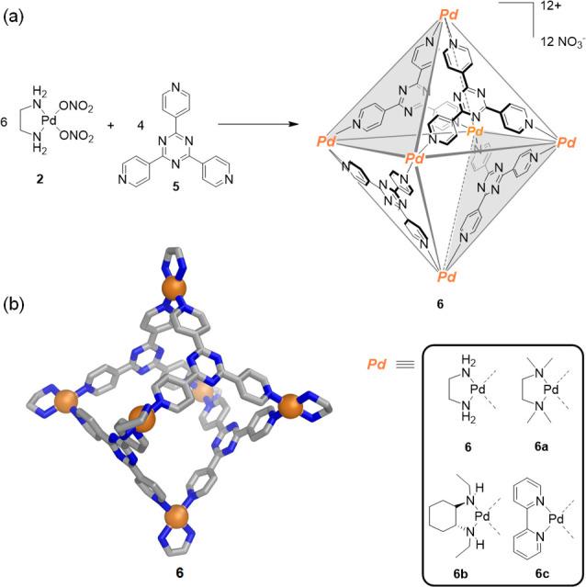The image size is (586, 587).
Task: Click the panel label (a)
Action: [x=15, y=16]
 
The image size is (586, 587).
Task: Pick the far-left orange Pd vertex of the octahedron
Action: [x=328, y=143]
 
